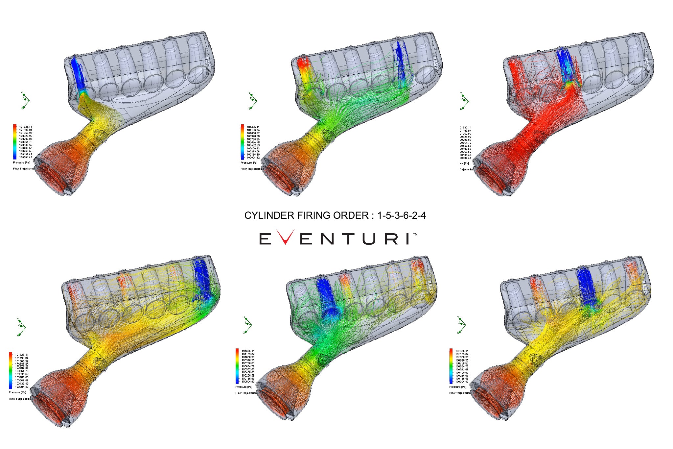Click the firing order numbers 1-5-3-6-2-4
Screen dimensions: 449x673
401,215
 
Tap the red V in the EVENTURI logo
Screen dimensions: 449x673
285,237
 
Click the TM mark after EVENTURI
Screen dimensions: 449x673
415,235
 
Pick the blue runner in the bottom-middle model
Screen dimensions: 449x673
326,296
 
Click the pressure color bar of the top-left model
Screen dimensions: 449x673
15,142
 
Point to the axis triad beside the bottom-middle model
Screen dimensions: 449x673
247,325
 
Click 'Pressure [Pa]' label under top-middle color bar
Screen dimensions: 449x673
248,162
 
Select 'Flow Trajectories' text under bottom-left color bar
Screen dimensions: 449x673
19,399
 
